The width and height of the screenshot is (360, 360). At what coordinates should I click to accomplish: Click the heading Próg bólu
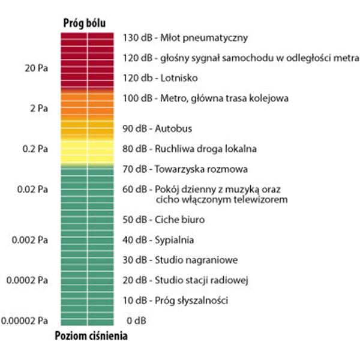[85, 23]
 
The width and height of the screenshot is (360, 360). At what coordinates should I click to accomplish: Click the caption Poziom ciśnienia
[91, 336]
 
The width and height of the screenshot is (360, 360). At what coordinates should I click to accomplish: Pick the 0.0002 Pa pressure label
[28, 280]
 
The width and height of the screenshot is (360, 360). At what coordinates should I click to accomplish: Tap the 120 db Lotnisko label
[160, 78]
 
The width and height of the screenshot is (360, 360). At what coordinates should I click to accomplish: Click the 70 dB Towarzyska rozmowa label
[185, 169]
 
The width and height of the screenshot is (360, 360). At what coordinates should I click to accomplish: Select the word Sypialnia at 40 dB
[175, 240]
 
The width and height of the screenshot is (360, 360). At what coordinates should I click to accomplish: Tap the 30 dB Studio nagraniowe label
[181, 260]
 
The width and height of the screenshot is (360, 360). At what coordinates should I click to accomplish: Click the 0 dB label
[134, 320]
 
